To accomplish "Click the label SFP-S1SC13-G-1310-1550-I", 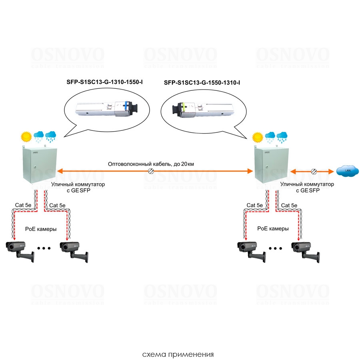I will [104, 83].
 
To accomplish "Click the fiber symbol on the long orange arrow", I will [152, 171].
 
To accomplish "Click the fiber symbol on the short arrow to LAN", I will [313, 171].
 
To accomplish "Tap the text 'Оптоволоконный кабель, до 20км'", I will [151, 164].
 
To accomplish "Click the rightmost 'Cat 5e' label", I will [289, 205].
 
